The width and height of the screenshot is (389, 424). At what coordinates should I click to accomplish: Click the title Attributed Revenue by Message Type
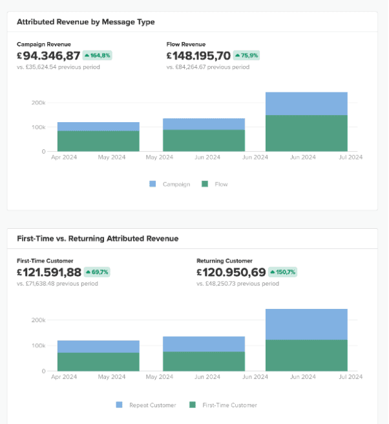[x=86, y=22]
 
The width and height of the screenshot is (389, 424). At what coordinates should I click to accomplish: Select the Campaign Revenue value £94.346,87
[x=48, y=56]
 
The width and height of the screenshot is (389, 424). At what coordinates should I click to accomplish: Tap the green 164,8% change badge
[x=98, y=56]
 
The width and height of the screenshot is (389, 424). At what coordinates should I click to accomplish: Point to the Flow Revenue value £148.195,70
[x=198, y=56]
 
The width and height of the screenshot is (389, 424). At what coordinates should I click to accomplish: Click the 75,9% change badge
[x=246, y=56]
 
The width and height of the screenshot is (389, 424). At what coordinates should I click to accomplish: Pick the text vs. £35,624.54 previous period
[x=58, y=67]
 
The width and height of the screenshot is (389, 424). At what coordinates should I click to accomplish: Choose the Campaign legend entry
[x=170, y=184]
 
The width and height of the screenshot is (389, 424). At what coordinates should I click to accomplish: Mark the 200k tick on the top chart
[x=38, y=102]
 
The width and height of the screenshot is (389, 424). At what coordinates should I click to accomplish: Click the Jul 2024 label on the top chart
[x=352, y=157]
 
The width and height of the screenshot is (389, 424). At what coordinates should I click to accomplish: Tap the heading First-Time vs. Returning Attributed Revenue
[x=98, y=238]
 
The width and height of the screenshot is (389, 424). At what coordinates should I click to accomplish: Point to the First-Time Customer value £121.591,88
[x=49, y=272]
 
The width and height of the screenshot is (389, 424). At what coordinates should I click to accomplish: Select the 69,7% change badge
[x=97, y=272]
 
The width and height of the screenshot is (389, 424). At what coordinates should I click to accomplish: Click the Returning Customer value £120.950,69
[x=231, y=272]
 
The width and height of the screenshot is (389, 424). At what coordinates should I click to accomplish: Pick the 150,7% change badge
[x=282, y=272]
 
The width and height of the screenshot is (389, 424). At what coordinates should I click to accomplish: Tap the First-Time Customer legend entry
[x=223, y=405]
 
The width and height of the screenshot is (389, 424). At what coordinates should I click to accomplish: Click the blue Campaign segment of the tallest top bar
[x=306, y=103]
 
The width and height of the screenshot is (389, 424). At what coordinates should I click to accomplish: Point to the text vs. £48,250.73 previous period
[x=238, y=283]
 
